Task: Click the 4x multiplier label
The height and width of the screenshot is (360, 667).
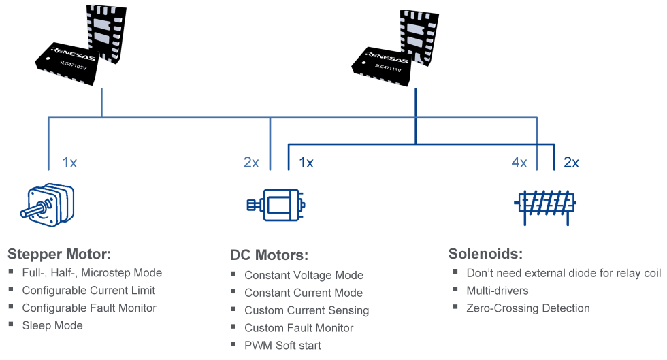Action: pos(519,163)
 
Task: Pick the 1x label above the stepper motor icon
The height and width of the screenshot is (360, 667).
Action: pos(69,163)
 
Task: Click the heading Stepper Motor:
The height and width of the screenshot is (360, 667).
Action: pos(59,255)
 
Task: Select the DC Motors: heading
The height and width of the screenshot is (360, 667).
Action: pos(269,256)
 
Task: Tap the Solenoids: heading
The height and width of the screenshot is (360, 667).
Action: pos(485,255)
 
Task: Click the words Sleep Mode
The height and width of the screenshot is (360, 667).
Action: pos(52,326)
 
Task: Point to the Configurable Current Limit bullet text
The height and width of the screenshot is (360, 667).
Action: pos(88,291)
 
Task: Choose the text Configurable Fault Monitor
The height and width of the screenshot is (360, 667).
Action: pos(89,308)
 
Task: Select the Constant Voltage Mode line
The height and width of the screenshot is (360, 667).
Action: pos(304,276)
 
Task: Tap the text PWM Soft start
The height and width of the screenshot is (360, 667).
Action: pos(282,346)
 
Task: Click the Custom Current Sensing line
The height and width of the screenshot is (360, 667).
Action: pos(306,310)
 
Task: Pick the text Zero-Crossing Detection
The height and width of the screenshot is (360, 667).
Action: pos(528,308)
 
